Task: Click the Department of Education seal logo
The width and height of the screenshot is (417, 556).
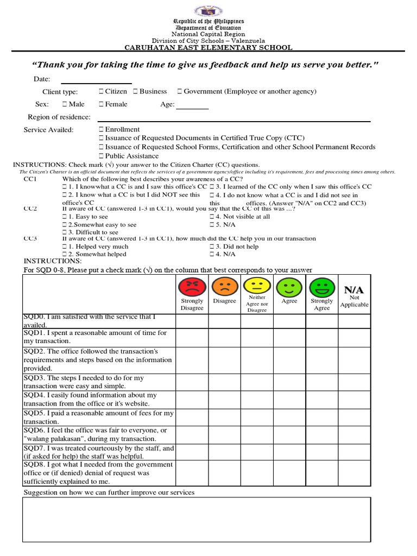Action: click(x=208, y=11)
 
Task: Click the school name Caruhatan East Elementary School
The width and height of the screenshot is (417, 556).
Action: click(x=208, y=48)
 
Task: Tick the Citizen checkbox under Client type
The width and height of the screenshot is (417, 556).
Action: click(x=102, y=92)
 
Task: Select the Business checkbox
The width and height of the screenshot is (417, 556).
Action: click(x=136, y=92)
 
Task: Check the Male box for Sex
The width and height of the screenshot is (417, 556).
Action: click(x=65, y=104)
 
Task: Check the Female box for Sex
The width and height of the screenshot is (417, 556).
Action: click(x=102, y=104)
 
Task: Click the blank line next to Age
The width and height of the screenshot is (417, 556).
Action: click(x=192, y=108)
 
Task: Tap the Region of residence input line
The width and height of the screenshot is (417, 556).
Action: click(x=233, y=120)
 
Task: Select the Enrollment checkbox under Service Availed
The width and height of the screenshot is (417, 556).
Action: click(x=102, y=130)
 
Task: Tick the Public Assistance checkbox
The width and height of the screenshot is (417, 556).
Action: click(x=102, y=156)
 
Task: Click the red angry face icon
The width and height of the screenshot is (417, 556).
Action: click(x=192, y=286)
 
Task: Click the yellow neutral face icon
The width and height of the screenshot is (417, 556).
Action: click(x=257, y=285)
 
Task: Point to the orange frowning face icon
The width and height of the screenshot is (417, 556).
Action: click(x=224, y=286)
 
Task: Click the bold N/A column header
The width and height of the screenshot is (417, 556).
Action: click(x=354, y=290)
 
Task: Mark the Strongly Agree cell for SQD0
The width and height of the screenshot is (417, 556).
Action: click(x=322, y=321)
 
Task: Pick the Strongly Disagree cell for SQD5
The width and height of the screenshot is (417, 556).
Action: click(x=192, y=417)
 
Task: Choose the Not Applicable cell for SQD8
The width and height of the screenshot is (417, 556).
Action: click(x=354, y=473)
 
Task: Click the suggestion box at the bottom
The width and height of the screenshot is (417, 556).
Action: click(x=197, y=520)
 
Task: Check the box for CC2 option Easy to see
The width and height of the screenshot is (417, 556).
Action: click(x=65, y=217)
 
